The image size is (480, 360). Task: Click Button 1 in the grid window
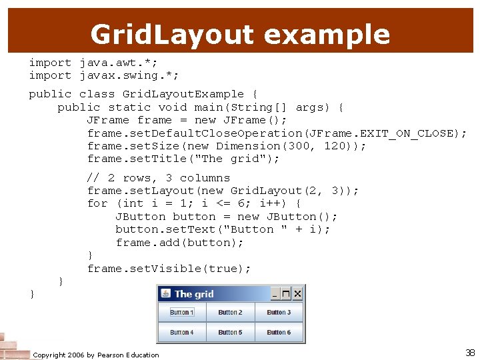(x=181, y=312)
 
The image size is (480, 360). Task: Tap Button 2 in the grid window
(x=231, y=312)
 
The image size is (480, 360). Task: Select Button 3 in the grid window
(x=279, y=312)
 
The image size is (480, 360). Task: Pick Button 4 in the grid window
(x=181, y=332)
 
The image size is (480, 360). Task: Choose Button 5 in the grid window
(x=231, y=332)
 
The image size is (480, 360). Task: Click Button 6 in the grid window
(x=279, y=332)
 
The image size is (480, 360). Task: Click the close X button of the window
(x=297, y=293)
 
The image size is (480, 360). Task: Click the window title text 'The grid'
(x=194, y=294)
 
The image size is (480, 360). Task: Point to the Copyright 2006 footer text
(x=96, y=355)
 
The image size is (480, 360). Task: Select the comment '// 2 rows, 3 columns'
(x=159, y=178)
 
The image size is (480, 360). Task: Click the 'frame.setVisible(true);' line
(x=169, y=269)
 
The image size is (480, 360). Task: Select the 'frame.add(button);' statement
(x=180, y=243)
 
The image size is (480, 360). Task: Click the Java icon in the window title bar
(x=165, y=293)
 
